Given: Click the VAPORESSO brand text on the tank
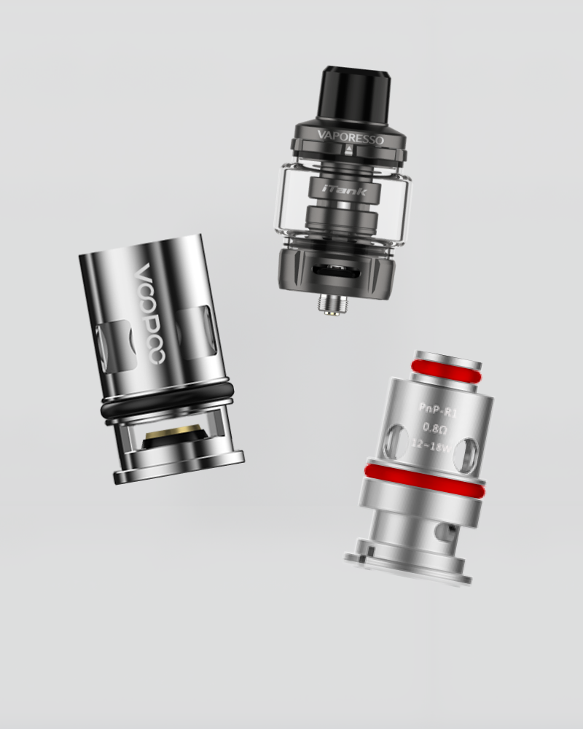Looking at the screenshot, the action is coord(351,138).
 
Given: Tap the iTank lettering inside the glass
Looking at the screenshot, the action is coord(345,190).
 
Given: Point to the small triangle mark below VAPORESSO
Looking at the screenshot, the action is coord(349,149).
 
